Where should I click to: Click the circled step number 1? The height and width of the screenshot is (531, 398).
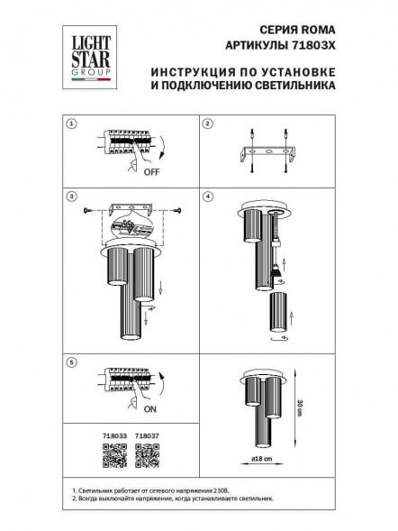click(72, 124)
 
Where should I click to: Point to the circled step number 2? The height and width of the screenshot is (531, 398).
click(206, 124)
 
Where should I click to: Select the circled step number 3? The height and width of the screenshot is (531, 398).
click(72, 197)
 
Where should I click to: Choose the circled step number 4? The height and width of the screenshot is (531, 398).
click(206, 197)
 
